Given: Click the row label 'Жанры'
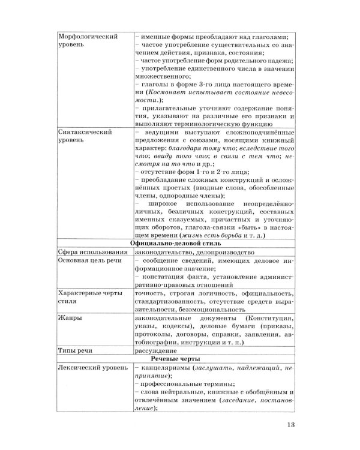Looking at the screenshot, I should click(70, 318).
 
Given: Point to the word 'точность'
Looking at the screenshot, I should click(151, 293).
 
